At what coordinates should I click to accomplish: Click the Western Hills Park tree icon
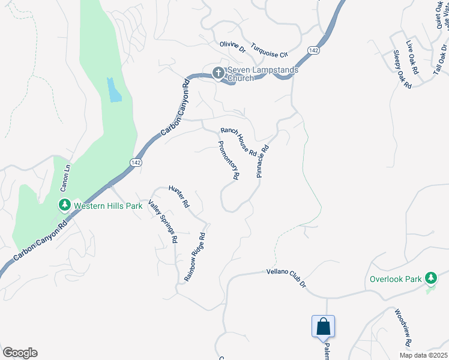[x=64, y=205]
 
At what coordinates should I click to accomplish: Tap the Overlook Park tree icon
[x=430, y=278]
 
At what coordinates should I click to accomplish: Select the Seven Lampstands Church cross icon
[x=218, y=72]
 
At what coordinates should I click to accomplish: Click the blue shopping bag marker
[x=323, y=326]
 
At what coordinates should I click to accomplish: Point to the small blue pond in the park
[x=113, y=89]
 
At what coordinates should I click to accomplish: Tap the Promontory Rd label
[x=229, y=160]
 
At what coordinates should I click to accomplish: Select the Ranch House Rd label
[x=238, y=140]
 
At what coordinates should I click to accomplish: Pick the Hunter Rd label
[x=179, y=195]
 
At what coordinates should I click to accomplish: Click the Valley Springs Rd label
[x=163, y=221]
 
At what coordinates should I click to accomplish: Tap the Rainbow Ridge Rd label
[x=199, y=254]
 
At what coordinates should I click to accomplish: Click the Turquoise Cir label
[x=270, y=48]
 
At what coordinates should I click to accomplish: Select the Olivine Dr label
[x=233, y=46]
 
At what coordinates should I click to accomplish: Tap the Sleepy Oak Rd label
[x=402, y=70]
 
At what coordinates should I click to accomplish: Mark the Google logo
[x=20, y=353]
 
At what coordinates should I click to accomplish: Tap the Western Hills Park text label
[x=108, y=205]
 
